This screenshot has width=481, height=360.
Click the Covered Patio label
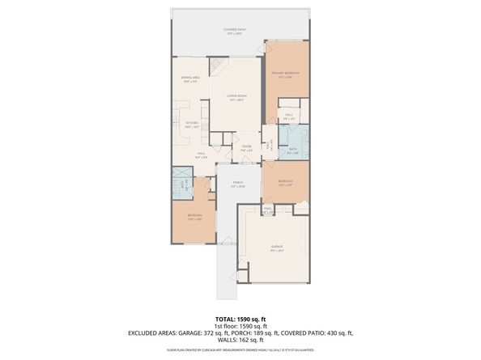[235, 30]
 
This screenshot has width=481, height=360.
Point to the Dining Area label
[191, 79]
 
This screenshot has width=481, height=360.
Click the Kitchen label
[191, 125]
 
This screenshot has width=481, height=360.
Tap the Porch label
[238, 184]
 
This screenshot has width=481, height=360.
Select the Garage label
[276, 248]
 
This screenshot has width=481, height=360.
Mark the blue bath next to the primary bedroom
[293, 142]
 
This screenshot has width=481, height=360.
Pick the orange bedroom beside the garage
[284, 182]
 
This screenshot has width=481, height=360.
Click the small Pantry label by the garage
[268, 210]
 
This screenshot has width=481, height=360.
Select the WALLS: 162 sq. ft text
[240, 339]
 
